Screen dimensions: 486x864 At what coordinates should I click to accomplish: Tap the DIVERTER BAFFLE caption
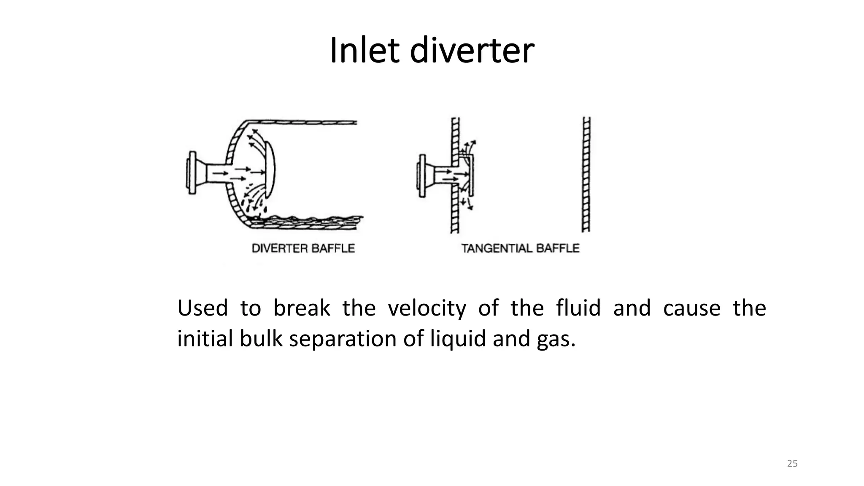303,248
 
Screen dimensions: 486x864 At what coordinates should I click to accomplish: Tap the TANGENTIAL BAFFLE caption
520,248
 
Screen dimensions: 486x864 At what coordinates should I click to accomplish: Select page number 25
792,464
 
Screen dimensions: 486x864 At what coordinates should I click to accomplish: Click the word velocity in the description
427,308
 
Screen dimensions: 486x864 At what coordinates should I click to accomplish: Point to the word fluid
578,308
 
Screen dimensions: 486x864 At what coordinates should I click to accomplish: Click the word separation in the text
343,339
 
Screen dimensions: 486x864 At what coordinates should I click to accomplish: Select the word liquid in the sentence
458,339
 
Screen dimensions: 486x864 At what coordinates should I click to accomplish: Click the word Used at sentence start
202,308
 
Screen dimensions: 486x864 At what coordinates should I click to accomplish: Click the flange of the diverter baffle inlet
192,172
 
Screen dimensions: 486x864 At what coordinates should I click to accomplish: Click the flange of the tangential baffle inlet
421,175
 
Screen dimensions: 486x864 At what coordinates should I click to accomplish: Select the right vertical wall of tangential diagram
586,174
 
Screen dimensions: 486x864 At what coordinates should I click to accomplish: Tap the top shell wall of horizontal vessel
304,123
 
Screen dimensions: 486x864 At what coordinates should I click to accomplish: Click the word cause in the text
691,308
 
